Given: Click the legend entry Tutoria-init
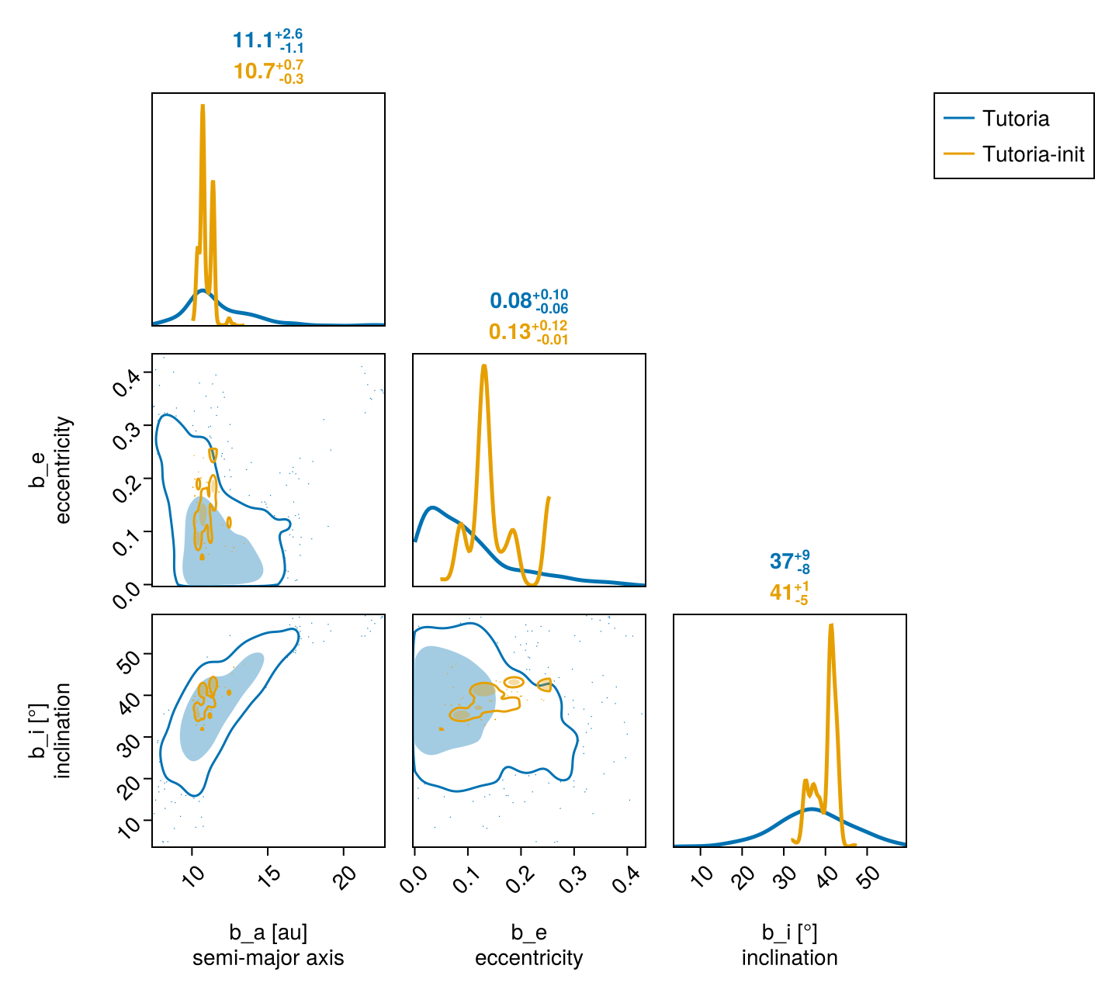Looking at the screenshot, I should pos(1033,154).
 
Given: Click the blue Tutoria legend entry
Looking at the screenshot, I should pos(1015,119).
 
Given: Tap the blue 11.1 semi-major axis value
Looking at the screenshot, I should pos(252,41).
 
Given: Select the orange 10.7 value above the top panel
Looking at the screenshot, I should pos(254,71).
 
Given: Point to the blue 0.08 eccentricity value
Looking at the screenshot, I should pos(511,301).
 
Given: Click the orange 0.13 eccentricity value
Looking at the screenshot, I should pos(510,332).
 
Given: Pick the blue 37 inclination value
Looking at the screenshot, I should pos(781,561).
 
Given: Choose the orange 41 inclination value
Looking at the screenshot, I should pos(781,592).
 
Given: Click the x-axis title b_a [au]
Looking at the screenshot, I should pos(268,932).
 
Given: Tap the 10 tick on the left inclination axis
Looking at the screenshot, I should pos(131,825).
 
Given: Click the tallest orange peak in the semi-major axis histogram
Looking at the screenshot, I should pos(203,106).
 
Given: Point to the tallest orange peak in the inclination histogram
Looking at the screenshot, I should pos(831,625).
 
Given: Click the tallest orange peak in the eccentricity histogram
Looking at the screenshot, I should pos(483,365).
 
